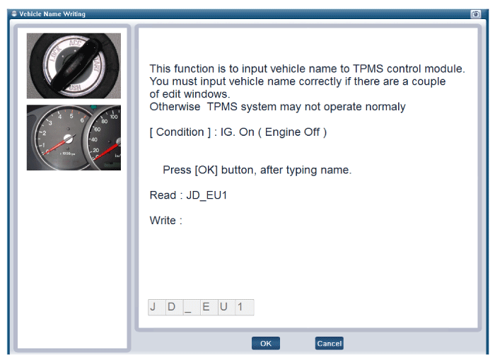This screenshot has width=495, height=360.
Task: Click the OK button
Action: coord(265,343)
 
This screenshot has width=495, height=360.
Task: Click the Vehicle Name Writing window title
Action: coord(52,14)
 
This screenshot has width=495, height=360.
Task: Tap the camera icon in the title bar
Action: coord(475,14)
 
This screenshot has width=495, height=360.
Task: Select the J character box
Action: coord(156,307)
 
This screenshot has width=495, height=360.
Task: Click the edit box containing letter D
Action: coord(174,307)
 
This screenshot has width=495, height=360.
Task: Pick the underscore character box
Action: coord(192,307)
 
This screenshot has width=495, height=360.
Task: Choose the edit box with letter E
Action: coord(209,307)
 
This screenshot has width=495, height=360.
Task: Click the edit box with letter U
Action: coord(227,307)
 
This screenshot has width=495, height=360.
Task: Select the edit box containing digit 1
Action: coord(245,307)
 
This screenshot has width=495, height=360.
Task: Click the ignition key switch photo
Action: coord(74,66)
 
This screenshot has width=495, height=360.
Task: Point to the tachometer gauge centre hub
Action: coord(68,139)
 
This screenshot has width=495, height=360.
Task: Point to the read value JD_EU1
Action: coord(206,195)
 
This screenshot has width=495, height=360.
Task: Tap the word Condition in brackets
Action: coord(180,132)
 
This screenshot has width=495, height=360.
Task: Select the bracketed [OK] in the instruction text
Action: coord(206,170)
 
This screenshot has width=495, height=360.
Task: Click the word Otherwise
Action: coord(175,107)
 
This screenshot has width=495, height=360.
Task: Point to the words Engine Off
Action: coord(292,132)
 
